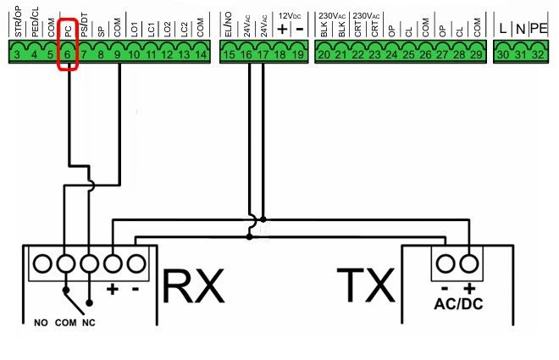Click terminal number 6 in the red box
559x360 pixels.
[x=68, y=54]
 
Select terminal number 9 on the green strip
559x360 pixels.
[x=117, y=54]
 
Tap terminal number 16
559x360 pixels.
[x=246, y=54]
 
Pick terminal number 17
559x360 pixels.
[x=263, y=54]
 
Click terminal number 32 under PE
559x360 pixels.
[x=539, y=54]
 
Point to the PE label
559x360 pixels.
[x=539, y=28]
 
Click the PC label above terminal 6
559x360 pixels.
[x=68, y=31]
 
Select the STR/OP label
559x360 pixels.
[x=18, y=21]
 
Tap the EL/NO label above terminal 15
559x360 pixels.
[x=229, y=25]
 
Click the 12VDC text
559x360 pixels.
[x=290, y=16]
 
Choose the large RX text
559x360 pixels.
[x=194, y=286]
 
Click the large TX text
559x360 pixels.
[x=366, y=285]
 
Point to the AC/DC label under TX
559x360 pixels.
[x=458, y=304]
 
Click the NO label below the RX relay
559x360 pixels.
[x=41, y=323]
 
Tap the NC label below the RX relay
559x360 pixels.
[x=89, y=323]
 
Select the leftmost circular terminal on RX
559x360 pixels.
[x=42, y=264]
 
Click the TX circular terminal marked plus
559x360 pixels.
[x=469, y=264]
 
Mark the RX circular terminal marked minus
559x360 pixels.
[x=136, y=264]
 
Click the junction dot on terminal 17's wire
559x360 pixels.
[x=263, y=219]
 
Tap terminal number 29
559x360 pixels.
[x=476, y=54]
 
